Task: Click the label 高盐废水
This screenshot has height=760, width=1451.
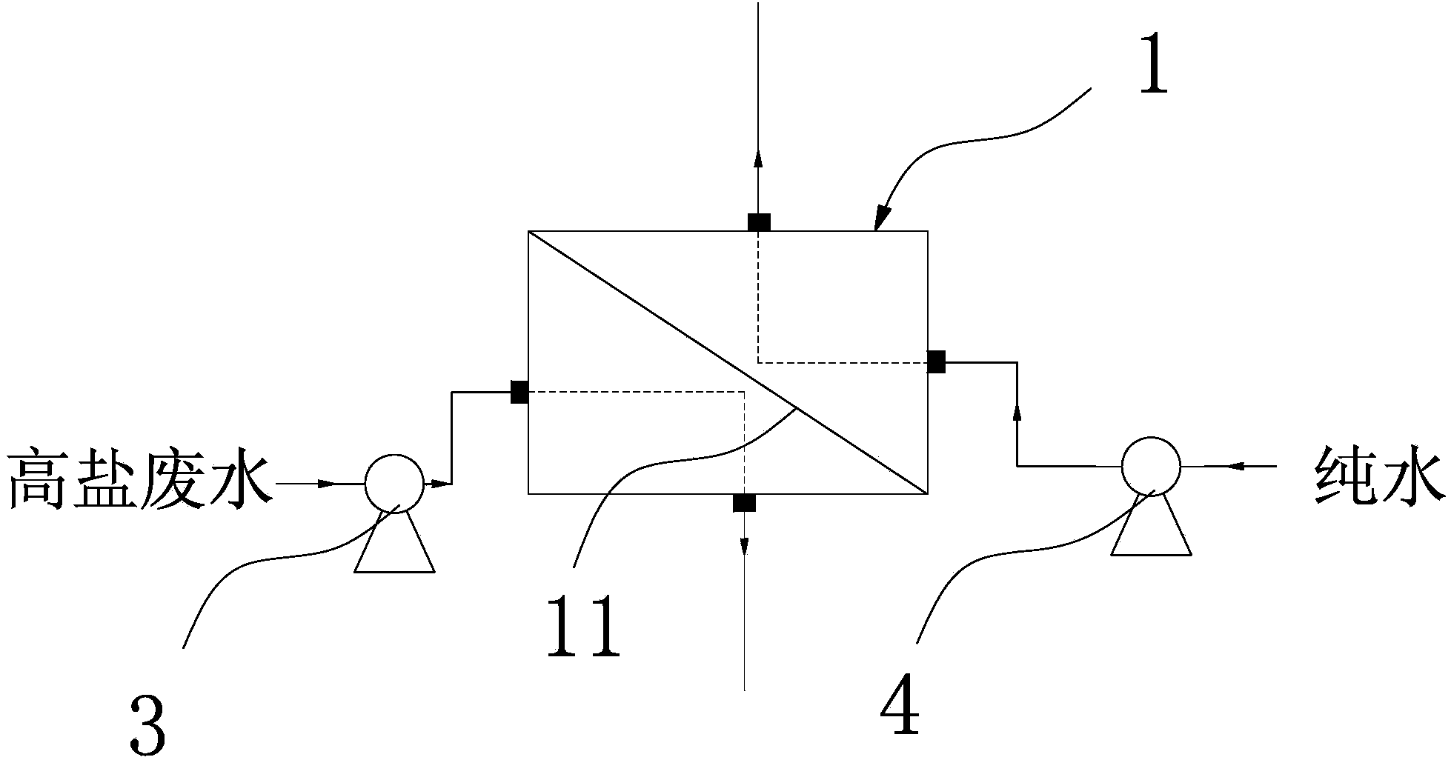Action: coord(138,479)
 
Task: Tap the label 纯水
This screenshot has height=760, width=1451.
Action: coord(1378,478)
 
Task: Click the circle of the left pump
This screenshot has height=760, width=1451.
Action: coord(394,484)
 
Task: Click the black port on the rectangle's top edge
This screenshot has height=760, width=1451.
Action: coord(758,222)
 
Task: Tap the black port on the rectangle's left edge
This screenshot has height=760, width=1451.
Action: coord(519,392)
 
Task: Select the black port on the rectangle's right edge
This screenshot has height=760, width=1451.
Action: coord(937,361)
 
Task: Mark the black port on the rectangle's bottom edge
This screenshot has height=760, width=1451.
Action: coord(744,503)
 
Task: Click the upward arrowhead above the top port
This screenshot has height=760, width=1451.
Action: coord(758,157)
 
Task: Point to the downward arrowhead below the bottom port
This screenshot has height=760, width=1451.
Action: coord(744,545)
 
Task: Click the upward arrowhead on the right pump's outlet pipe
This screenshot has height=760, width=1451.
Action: coord(1016,412)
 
